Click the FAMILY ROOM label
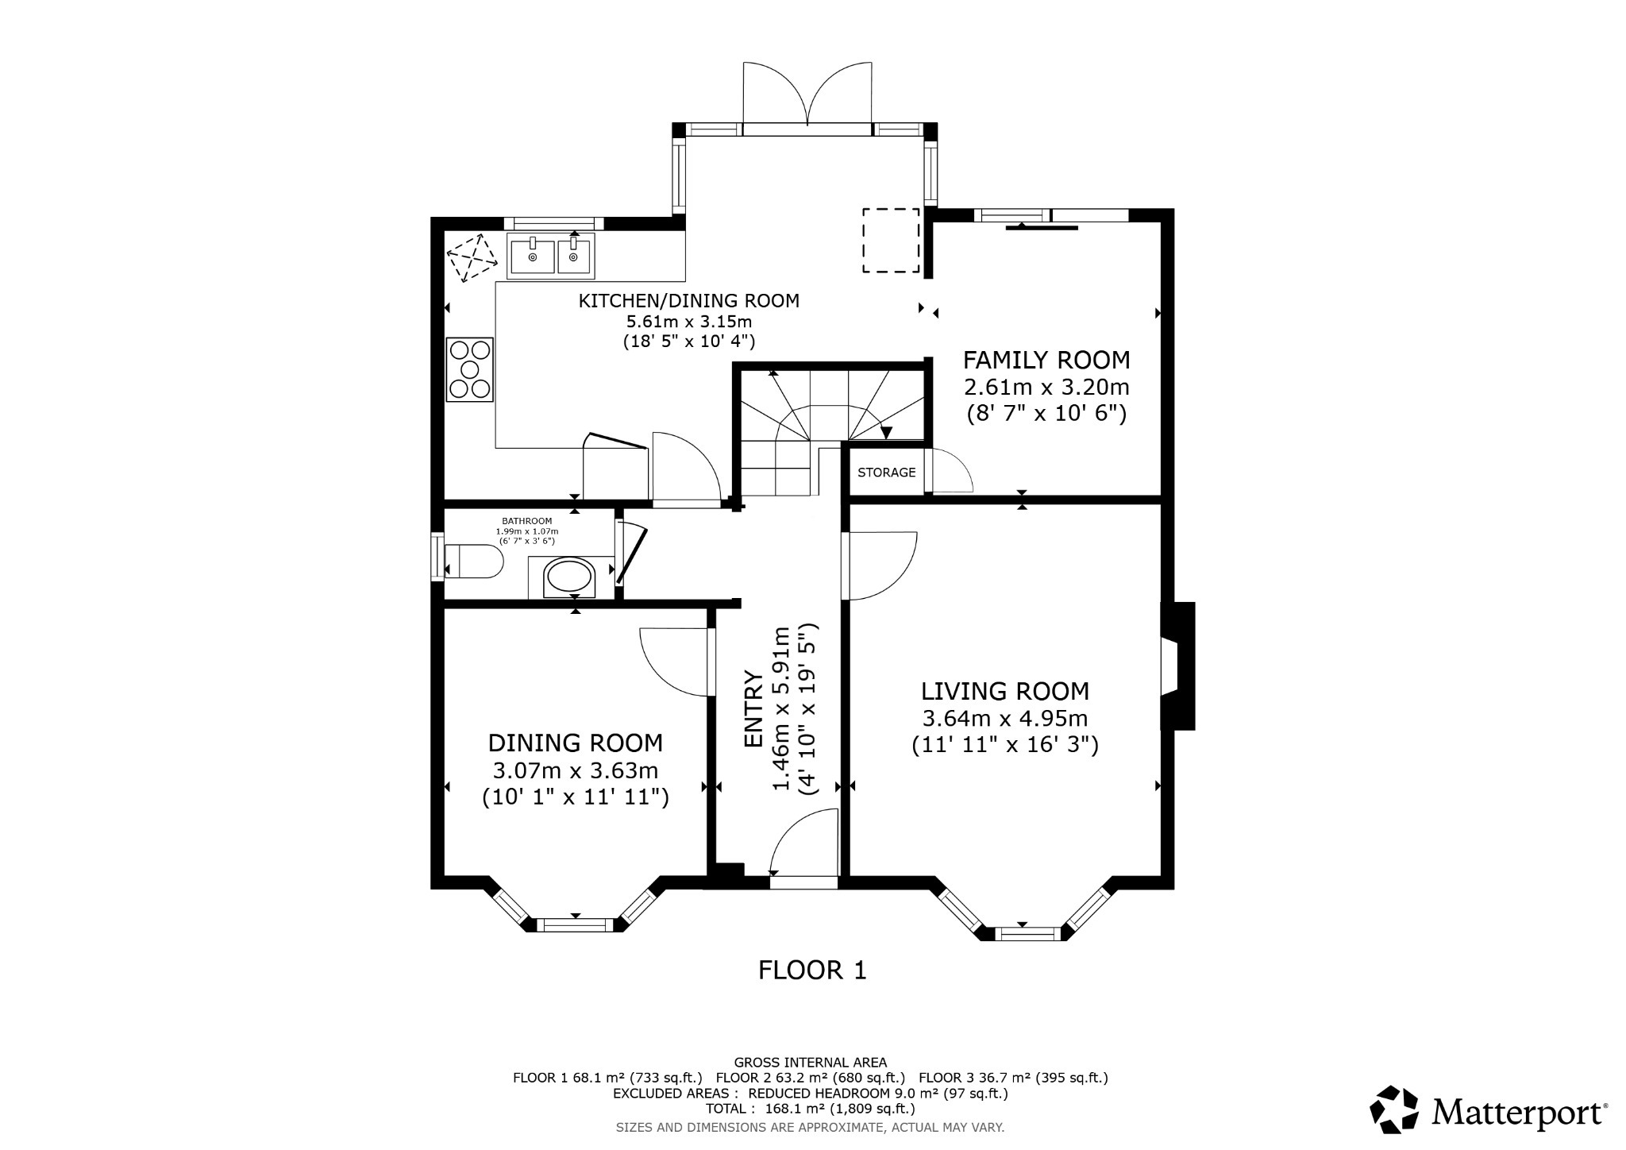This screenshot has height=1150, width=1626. point(1046,360)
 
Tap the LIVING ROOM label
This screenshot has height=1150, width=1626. point(1004,691)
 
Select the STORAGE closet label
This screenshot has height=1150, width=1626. point(886,473)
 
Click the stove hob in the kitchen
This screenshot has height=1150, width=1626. point(469,369)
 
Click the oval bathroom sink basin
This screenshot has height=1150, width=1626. point(570,577)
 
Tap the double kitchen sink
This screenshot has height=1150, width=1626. point(551,255)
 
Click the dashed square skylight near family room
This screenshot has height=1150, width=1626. point(891,240)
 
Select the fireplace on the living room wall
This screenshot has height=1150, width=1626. point(1176,666)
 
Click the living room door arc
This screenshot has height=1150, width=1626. point(881,565)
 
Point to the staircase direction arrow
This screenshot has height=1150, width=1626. point(887,433)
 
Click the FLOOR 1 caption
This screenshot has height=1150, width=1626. point(812,970)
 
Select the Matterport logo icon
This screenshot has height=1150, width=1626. point(1394,1109)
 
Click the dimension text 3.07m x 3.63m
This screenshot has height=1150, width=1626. point(575,770)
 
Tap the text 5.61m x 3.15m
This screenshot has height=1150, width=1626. point(688,322)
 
